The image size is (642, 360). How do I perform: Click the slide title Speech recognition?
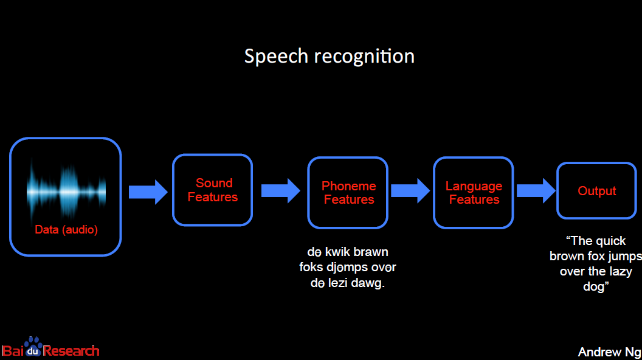point(329,57)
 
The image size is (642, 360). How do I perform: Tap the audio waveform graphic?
point(66,191)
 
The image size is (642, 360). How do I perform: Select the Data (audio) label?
point(66,230)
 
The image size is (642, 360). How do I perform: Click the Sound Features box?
point(212,190)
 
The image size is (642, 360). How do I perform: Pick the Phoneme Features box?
point(348,193)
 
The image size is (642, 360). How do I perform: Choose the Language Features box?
point(474,193)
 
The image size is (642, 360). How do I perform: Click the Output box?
point(596,191)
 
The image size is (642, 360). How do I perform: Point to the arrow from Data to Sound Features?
point(148,192)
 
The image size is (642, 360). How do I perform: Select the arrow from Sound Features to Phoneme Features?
point(280,191)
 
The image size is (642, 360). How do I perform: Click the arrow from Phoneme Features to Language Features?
point(410,191)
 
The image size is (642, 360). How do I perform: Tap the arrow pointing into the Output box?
point(536,191)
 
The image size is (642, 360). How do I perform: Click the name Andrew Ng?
point(609,352)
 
